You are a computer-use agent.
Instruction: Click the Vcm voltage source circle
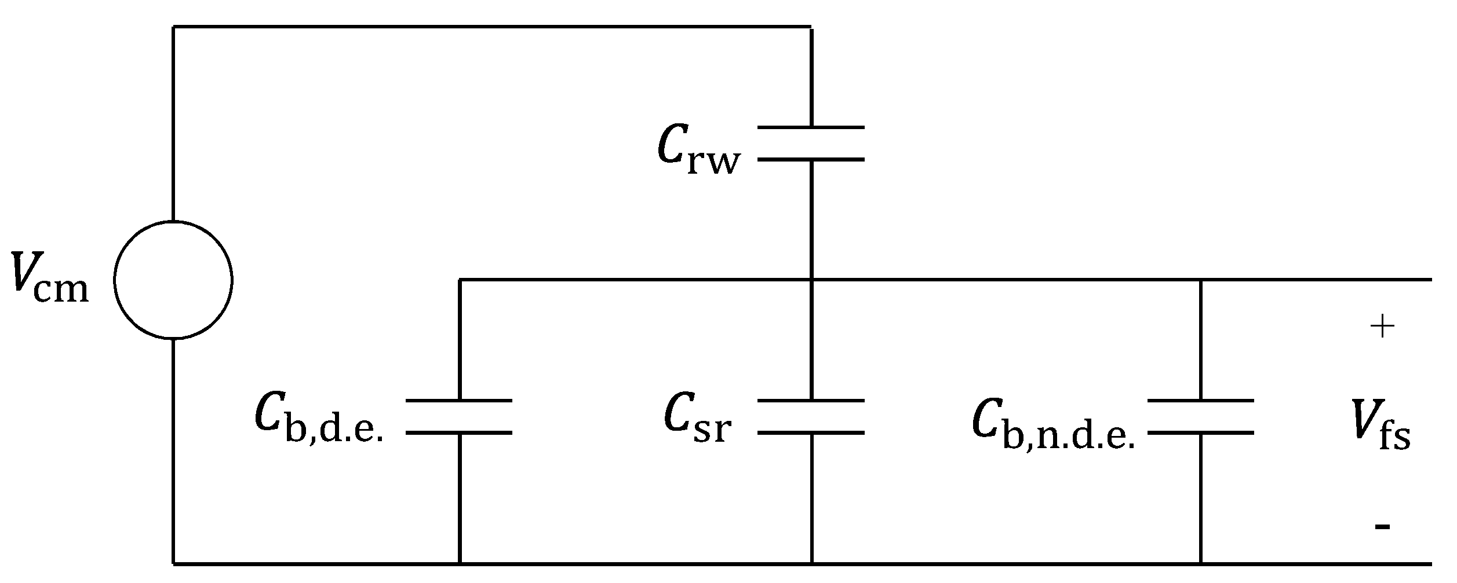coord(173,280)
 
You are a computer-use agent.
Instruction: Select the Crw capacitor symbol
coord(811,143)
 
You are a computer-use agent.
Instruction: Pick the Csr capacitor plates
coord(811,416)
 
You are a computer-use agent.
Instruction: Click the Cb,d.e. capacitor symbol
coord(459,416)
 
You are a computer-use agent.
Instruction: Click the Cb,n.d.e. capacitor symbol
coord(1200,416)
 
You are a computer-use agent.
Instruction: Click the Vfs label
coord(1381,426)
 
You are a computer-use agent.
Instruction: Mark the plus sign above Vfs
coord(1382,327)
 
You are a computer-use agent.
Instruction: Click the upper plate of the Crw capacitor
coord(811,127)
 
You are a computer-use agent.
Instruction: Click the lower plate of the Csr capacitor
coord(811,432)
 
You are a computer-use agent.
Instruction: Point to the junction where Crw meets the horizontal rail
coord(811,280)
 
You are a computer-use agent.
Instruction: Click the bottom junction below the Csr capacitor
coord(811,562)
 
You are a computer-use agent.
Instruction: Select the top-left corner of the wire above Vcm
coord(173,27)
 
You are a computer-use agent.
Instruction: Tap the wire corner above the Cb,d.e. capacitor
coord(460,280)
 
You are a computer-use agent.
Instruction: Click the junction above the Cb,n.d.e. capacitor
coord(1200,280)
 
